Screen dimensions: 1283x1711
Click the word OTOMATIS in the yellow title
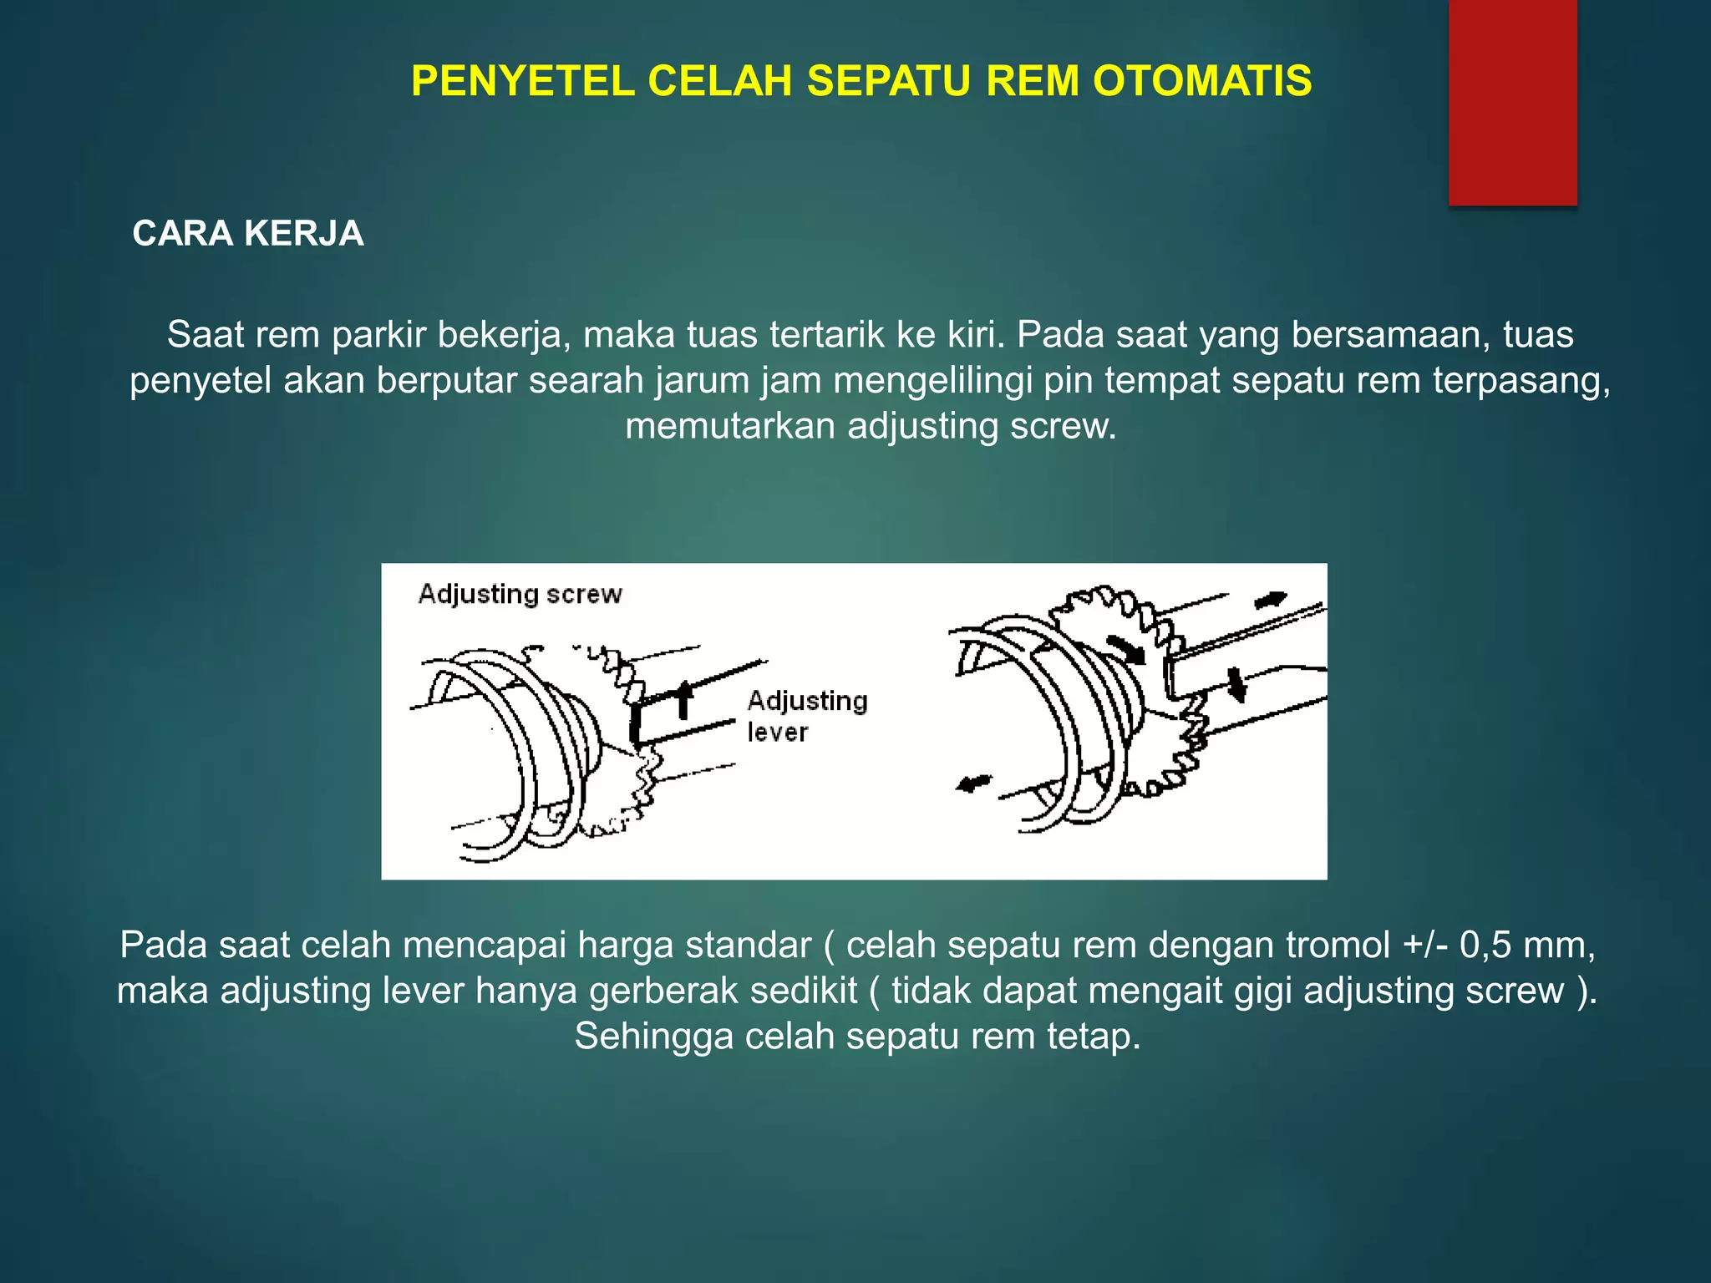coord(1202,81)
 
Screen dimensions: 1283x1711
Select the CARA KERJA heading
coord(248,233)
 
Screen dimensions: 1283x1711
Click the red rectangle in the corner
coord(1512,102)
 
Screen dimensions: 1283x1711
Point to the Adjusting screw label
coord(520,594)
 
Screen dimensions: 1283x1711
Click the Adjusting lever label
coord(807,716)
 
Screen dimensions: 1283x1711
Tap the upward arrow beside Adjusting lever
coord(684,698)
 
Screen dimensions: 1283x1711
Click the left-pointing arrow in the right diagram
coord(972,783)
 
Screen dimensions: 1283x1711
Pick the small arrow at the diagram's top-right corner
coord(1271,600)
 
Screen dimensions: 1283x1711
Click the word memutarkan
coord(730,427)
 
